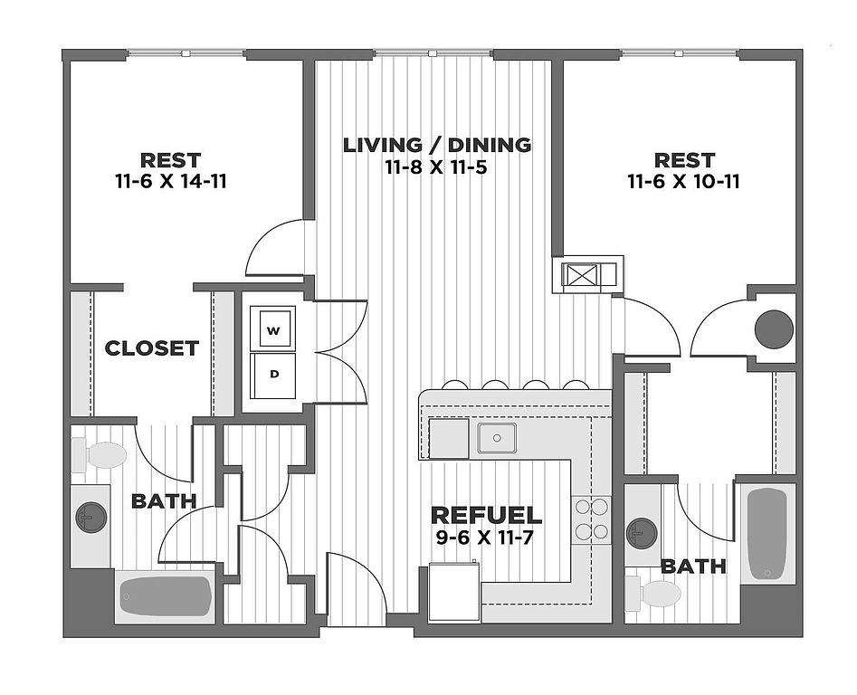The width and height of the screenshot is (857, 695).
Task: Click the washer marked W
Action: click(x=273, y=329)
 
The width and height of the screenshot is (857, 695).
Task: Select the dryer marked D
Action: click(x=273, y=374)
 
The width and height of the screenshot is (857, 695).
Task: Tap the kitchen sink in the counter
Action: click(x=497, y=438)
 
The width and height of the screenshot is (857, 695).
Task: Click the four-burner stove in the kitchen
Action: click(x=591, y=519)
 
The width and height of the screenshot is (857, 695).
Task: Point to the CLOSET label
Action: click(x=151, y=348)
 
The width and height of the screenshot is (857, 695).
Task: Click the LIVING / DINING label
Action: click(x=436, y=145)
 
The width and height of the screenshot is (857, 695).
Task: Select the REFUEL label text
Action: click(x=486, y=515)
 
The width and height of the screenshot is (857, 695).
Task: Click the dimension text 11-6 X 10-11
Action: click(x=684, y=181)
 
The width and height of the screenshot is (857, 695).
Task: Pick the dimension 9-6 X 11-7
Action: click(x=486, y=538)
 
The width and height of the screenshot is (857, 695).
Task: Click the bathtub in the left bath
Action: click(x=166, y=597)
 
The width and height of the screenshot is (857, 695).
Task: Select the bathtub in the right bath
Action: click(x=768, y=534)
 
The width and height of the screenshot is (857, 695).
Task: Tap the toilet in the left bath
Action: click(x=100, y=455)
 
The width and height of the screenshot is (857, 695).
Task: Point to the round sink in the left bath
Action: click(x=90, y=517)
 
